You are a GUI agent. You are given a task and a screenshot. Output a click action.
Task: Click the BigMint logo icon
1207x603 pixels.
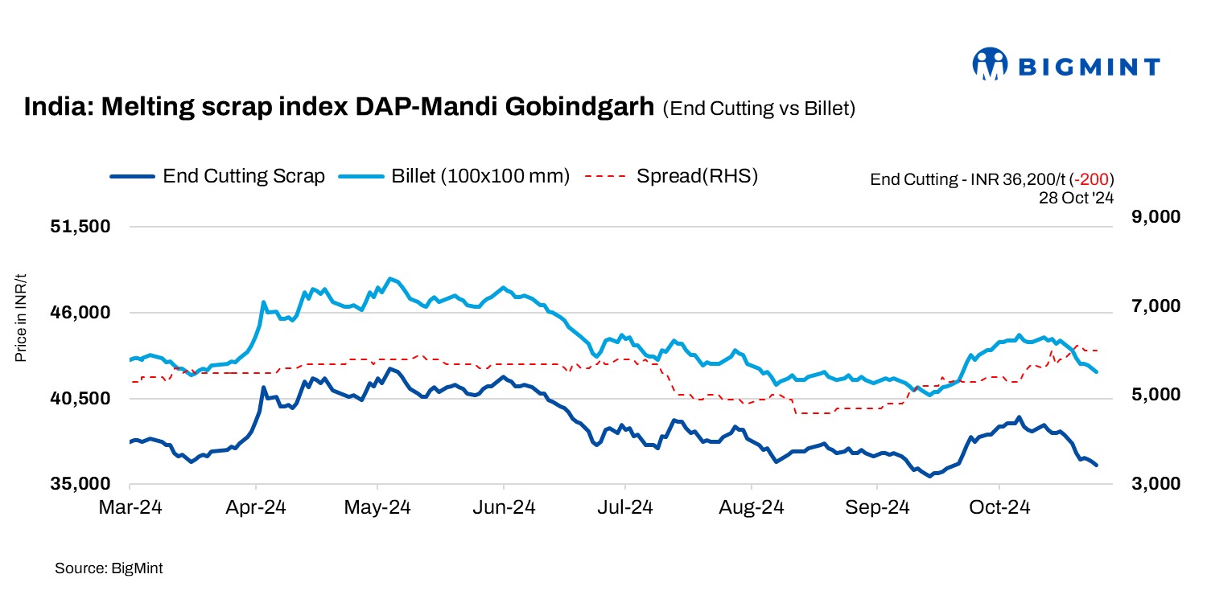coord(990,64)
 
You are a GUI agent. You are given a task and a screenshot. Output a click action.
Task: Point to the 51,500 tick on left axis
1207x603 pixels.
coord(80,227)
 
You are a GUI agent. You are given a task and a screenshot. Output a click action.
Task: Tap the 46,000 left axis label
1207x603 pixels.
coord(80,313)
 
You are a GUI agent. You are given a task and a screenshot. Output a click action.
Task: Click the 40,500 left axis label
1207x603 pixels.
coord(80,399)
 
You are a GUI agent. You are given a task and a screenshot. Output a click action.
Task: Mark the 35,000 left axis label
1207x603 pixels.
coord(80,485)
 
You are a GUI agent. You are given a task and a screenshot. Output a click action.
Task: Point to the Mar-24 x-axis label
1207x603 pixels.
coord(130,508)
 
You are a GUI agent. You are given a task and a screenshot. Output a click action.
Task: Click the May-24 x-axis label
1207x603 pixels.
coord(378,508)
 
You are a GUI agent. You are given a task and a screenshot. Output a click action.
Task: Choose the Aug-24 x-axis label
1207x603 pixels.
coord(751,508)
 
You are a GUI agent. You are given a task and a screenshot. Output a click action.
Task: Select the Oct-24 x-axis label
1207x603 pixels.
coord(999,508)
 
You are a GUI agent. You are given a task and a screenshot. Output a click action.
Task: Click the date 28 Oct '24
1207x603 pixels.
coord(1076,196)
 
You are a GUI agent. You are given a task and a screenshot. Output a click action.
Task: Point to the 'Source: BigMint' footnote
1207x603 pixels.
coord(109,568)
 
